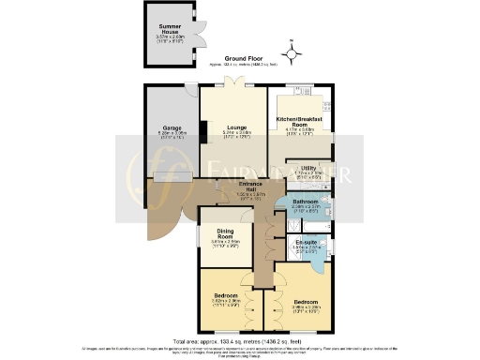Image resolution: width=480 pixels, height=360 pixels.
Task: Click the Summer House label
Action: point(170,29)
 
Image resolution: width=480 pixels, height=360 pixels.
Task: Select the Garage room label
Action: point(171,128)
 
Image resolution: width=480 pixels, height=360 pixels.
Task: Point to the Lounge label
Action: point(233,128)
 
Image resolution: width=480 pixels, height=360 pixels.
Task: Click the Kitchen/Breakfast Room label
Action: point(299,123)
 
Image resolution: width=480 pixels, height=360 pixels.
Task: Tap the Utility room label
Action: point(307,167)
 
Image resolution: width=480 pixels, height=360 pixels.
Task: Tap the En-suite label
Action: point(306,243)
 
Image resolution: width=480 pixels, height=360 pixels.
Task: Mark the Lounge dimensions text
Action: point(233,135)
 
